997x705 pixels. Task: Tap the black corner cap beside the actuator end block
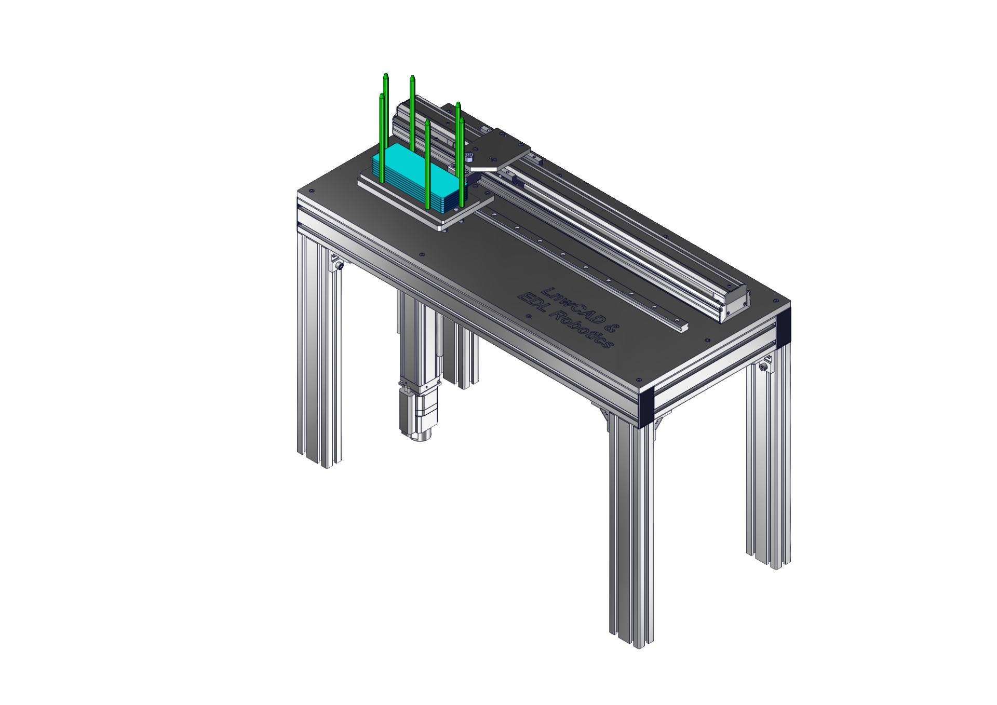point(783,325)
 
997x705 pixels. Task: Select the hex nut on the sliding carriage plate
point(469,157)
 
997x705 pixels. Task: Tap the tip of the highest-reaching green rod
point(385,76)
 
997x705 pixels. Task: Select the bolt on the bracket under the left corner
point(340,266)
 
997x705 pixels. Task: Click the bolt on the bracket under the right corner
point(763,368)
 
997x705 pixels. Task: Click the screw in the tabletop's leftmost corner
point(311,192)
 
